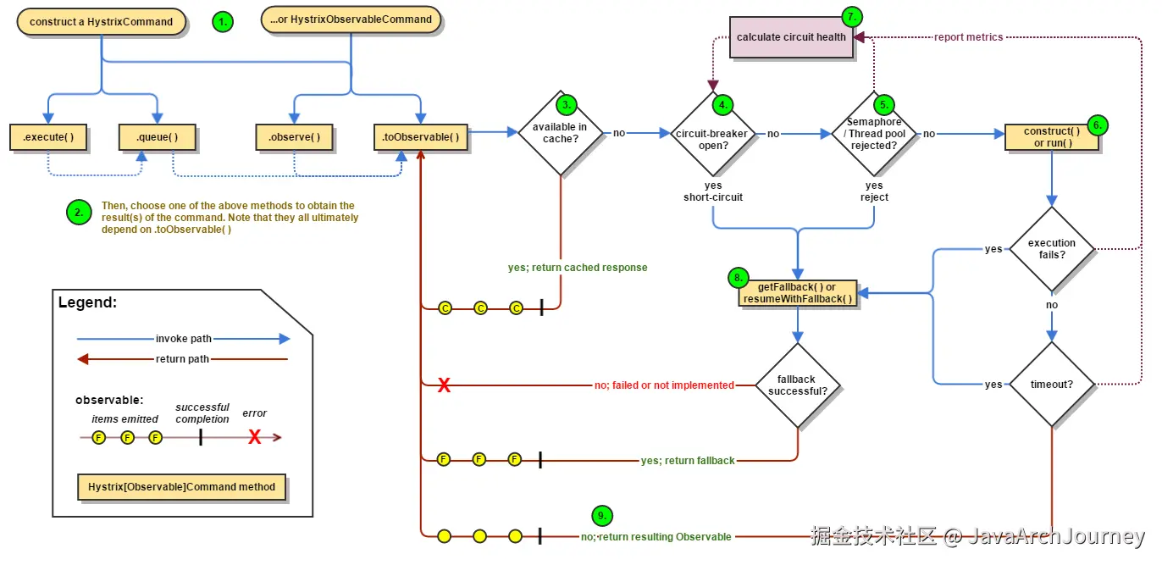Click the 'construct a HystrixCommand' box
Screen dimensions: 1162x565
pos(101,22)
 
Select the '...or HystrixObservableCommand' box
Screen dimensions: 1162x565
pos(351,19)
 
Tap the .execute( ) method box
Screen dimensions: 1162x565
pos(48,137)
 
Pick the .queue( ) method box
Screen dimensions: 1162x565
pos(158,137)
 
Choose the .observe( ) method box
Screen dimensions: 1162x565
pos(294,137)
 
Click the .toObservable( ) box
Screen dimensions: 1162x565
pos(421,137)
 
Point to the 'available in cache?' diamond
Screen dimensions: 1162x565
pos(561,133)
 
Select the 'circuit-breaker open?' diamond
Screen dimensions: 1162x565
pos(713,134)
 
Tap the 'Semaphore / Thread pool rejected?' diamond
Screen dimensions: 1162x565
pos(874,134)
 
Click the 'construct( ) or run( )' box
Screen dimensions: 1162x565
pos(1052,137)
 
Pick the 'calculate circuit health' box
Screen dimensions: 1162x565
pos(791,37)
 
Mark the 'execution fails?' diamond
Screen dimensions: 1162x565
pos(1052,249)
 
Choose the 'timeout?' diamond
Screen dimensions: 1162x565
pos(1052,384)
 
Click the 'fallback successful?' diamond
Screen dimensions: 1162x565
pos(797,385)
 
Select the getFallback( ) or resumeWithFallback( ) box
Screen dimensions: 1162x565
pos(797,293)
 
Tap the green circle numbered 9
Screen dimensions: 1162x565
pos(601,516)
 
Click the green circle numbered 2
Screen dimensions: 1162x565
pos(79,213)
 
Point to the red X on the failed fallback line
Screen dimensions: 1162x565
pos(444,385)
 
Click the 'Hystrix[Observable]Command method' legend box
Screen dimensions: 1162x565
pos(181,487)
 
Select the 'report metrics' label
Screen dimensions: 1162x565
pos(969,37)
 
